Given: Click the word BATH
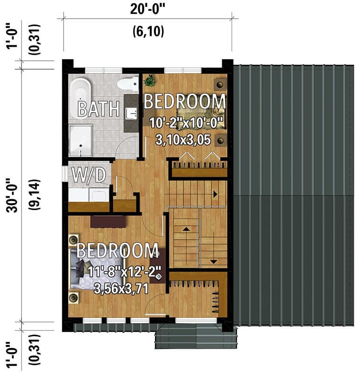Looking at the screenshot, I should (98, 109).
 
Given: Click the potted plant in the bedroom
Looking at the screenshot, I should (149, 81).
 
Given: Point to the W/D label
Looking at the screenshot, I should (88, 175).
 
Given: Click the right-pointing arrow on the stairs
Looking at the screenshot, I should (216, 194).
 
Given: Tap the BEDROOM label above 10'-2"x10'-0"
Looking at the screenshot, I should (184, 101).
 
